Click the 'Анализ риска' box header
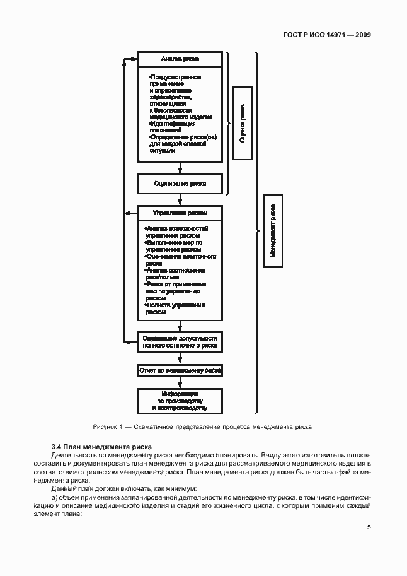[x=180, y=59]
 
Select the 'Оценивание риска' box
[x=180, y=184]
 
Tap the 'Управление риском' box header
[x=180, y=213]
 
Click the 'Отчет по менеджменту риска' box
[x=180, y=371]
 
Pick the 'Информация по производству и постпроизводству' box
[x=180, y=401]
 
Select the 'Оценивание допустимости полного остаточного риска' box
[x=180, y=342]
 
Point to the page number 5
[x=369, y=528]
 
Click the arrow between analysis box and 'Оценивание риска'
[x=180, y=168]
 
